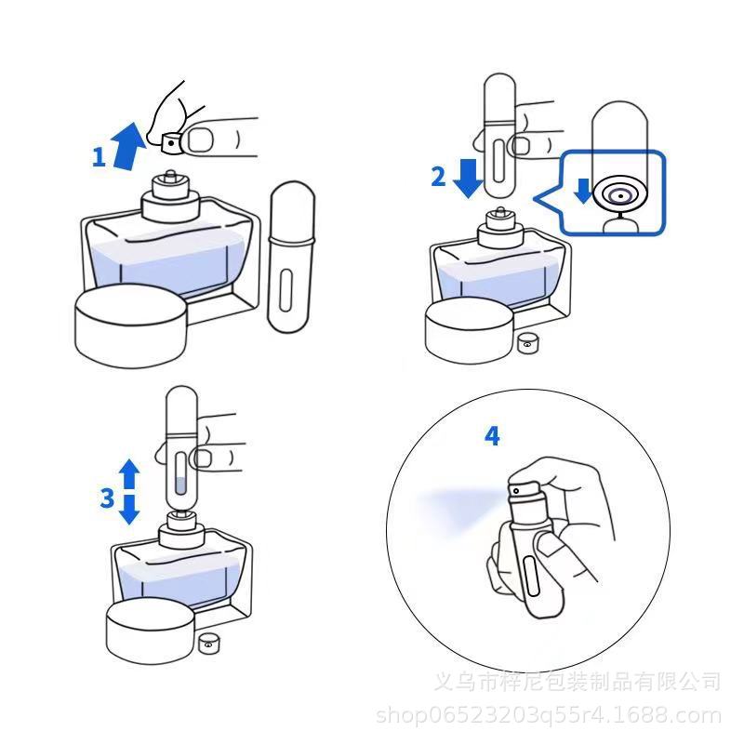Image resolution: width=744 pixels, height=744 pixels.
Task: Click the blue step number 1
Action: (99, 157)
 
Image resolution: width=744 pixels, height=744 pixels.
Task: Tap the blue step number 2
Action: (438, 176)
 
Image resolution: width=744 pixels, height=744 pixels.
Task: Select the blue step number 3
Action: (107, 498)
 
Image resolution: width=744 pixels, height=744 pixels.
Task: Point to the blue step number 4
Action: (492, 436)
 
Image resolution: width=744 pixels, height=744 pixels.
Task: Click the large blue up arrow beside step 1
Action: (127, 147)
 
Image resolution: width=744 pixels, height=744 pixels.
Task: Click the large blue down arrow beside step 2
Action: (469, 178)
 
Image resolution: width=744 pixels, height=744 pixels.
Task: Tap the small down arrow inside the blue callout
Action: (582, 191)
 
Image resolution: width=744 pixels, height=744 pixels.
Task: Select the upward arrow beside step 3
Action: (129, 473)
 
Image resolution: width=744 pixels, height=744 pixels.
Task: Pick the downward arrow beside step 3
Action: (129, 510)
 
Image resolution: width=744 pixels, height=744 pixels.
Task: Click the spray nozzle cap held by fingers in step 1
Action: (171, 143)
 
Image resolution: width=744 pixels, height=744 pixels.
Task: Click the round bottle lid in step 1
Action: (131, 326)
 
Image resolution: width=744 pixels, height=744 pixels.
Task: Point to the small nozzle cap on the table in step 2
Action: (526, 342)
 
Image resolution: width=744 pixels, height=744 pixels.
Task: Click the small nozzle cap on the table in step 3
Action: (208, 643)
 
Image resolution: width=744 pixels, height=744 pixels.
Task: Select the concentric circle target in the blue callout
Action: (620, 194)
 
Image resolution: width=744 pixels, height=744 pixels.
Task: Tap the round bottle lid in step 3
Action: (151, 631)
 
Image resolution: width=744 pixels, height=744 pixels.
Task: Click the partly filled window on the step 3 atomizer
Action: (180, 473)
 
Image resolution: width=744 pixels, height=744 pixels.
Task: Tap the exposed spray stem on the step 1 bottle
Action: (169, 175)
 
